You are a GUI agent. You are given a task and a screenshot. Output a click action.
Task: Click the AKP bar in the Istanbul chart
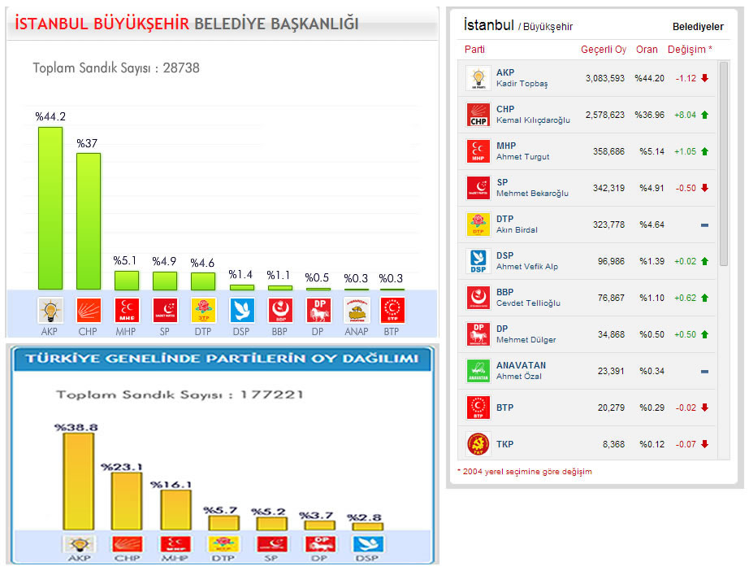50,208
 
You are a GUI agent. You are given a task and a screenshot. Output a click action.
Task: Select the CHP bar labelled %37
89,221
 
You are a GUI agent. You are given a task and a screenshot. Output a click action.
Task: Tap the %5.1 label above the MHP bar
126,261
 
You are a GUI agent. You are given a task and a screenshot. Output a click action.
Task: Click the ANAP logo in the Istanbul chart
356,310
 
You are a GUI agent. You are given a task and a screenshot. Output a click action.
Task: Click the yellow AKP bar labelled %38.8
78,482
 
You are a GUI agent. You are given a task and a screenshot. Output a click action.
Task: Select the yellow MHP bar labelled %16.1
175,510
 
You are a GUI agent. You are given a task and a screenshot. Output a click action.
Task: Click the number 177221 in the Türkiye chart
272,394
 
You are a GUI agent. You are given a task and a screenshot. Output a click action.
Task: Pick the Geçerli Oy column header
603,50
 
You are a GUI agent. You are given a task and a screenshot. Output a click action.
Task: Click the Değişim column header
689,50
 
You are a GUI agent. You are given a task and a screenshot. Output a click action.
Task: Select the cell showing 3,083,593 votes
604,79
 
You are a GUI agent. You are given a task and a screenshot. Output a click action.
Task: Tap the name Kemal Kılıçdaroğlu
533,120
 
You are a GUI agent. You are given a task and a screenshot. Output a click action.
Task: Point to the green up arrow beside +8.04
704,116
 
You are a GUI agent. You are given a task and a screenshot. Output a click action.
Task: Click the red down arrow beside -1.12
704,79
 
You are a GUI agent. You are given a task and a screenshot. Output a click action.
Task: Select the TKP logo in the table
478,444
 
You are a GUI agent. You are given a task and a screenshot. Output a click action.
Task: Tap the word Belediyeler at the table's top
697,27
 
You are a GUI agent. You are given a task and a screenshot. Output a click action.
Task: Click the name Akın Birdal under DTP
517,230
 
